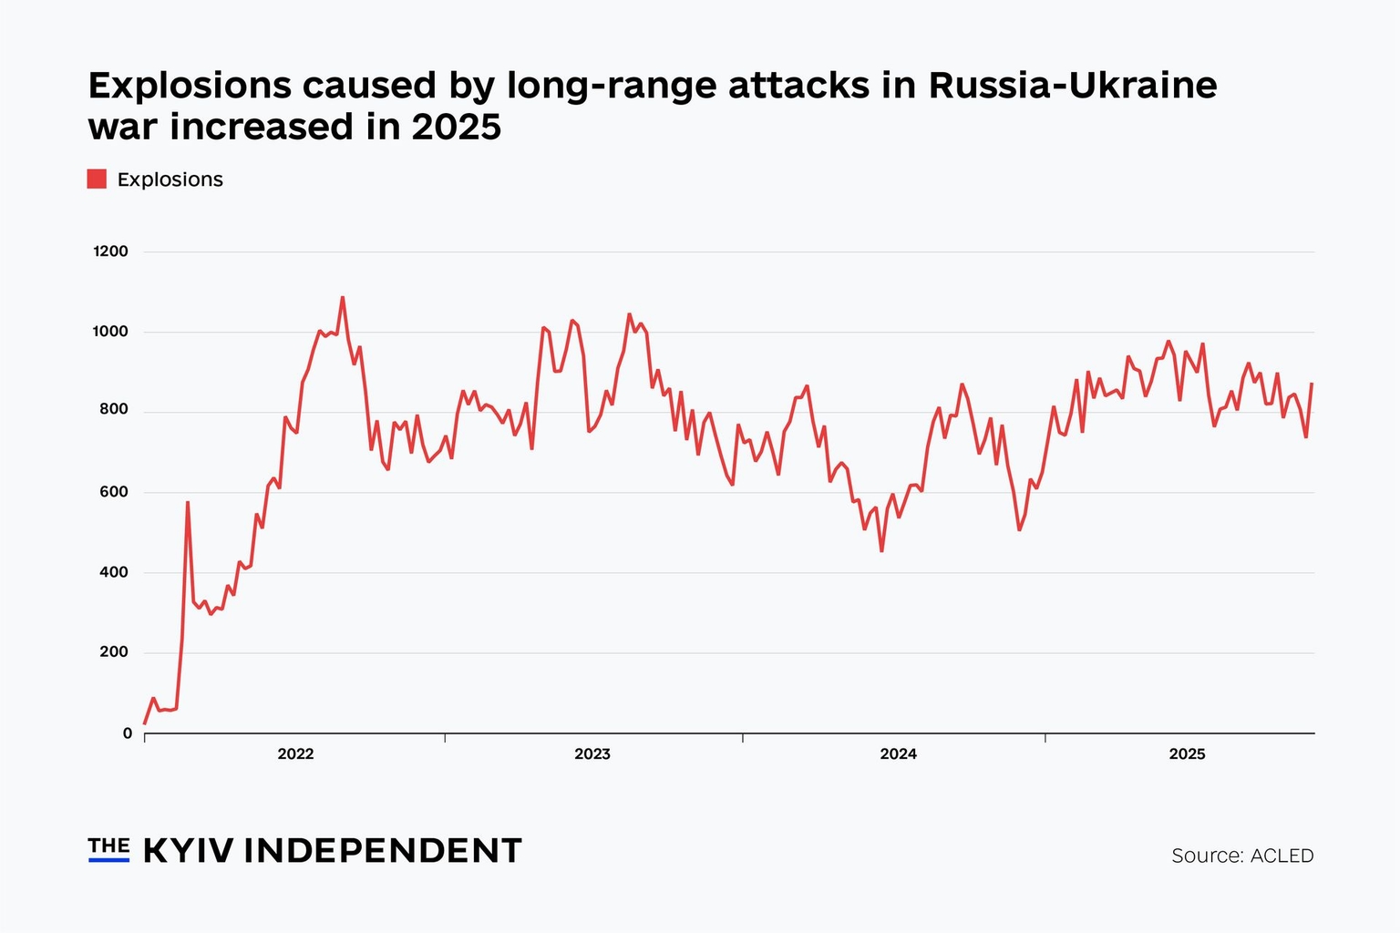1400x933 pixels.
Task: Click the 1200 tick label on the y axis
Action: pos(110,251)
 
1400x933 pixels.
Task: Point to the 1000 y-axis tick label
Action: pos(110,332)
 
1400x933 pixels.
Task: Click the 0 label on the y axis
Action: pos(127,733)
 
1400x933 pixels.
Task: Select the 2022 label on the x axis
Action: pos(295,754)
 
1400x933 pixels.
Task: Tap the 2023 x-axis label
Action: pos(592,754)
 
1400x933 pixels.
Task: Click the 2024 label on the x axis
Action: pos(898,754)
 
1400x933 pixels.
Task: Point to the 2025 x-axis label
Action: pos(1187,754)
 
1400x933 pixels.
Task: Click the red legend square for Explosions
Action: pos(97,179)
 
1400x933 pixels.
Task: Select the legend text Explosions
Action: pos(170,179)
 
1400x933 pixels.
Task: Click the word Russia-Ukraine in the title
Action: pos(1073,86)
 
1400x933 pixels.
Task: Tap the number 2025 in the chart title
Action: pos(456,128)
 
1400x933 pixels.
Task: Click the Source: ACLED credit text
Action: pos(1242,856)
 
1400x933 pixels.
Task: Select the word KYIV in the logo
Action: pos(189,850)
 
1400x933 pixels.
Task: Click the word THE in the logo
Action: pos(108,846)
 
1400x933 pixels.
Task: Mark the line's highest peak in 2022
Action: pos(343,297)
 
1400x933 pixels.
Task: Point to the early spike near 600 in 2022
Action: pos(188,502)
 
